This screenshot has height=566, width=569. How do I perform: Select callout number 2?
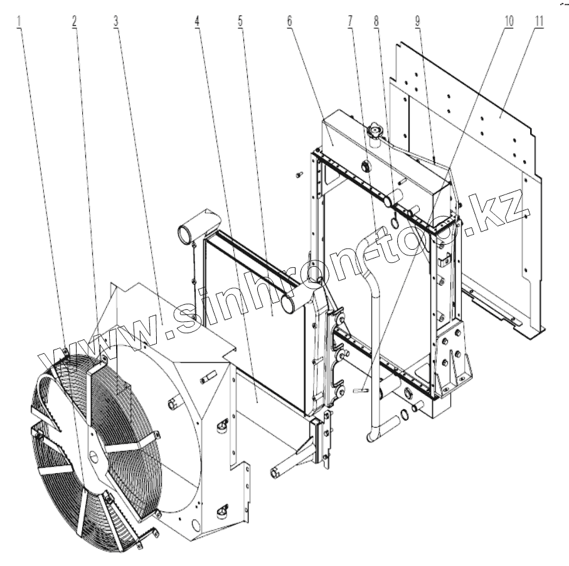tap(74, 19)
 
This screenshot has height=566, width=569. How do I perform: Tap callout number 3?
tap(116, 19)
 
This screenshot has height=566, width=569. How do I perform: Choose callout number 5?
tap(240, 19)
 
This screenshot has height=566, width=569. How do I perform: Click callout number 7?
tap(348, 19)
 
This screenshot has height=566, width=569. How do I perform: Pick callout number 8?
tap(376, 19)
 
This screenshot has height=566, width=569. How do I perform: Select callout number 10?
tap(508, 19)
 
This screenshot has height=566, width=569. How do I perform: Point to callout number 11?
tap(539, 19)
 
